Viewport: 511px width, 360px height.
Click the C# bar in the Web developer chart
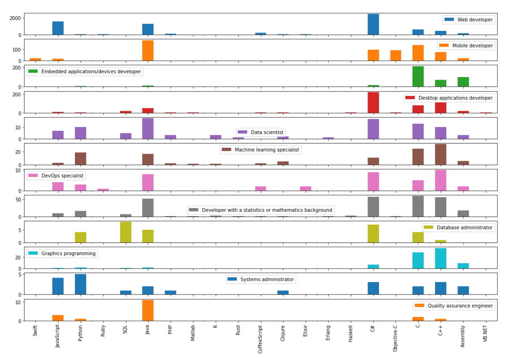[373, 24]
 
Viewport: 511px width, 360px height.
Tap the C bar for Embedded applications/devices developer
[418, 77]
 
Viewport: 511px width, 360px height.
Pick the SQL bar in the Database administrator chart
[125, 232]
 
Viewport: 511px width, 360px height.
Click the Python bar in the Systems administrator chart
[81, 284]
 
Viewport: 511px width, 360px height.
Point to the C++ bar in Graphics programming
[441, 258]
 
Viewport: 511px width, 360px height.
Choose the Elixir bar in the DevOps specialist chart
[305, 188]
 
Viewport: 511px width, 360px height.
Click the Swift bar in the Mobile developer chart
[35, 59]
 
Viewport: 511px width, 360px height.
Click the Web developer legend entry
[469, 20]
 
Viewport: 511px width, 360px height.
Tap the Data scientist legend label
[261, 132]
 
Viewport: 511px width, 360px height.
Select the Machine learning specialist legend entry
[261, 150]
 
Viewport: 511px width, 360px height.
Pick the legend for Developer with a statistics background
[261, 210]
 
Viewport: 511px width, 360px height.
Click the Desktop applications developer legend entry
[449, 98]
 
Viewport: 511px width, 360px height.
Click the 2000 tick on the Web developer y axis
[15, 18]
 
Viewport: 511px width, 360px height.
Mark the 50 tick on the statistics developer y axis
[19, 199]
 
